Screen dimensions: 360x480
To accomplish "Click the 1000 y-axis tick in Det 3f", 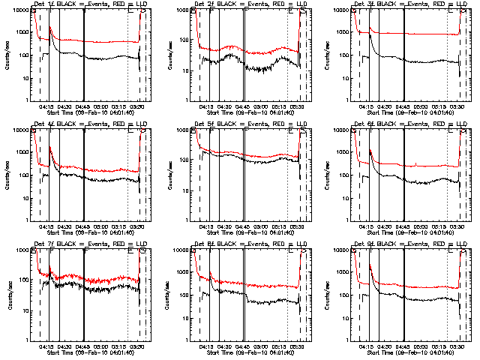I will pyautogui.click(x=343, y=33).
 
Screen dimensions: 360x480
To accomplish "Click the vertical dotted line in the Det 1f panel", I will pyautogui.click(x=128, y=60).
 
